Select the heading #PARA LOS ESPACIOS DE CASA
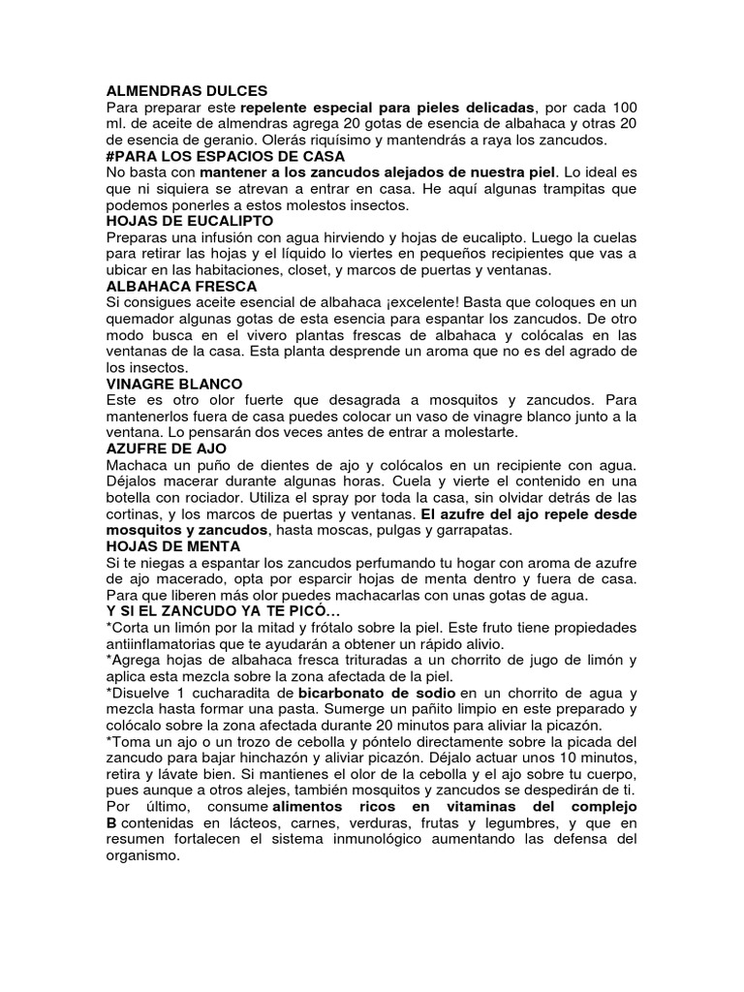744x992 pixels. click(x=225, y=156)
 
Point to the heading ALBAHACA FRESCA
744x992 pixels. click(x=181, y=287)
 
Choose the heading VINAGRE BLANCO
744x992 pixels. click(x=174, y=385)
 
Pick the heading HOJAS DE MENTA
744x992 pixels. click(x=172, y=546)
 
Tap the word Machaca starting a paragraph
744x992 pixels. click(x=139, y=466)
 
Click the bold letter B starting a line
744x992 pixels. click(x=110, y=823)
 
